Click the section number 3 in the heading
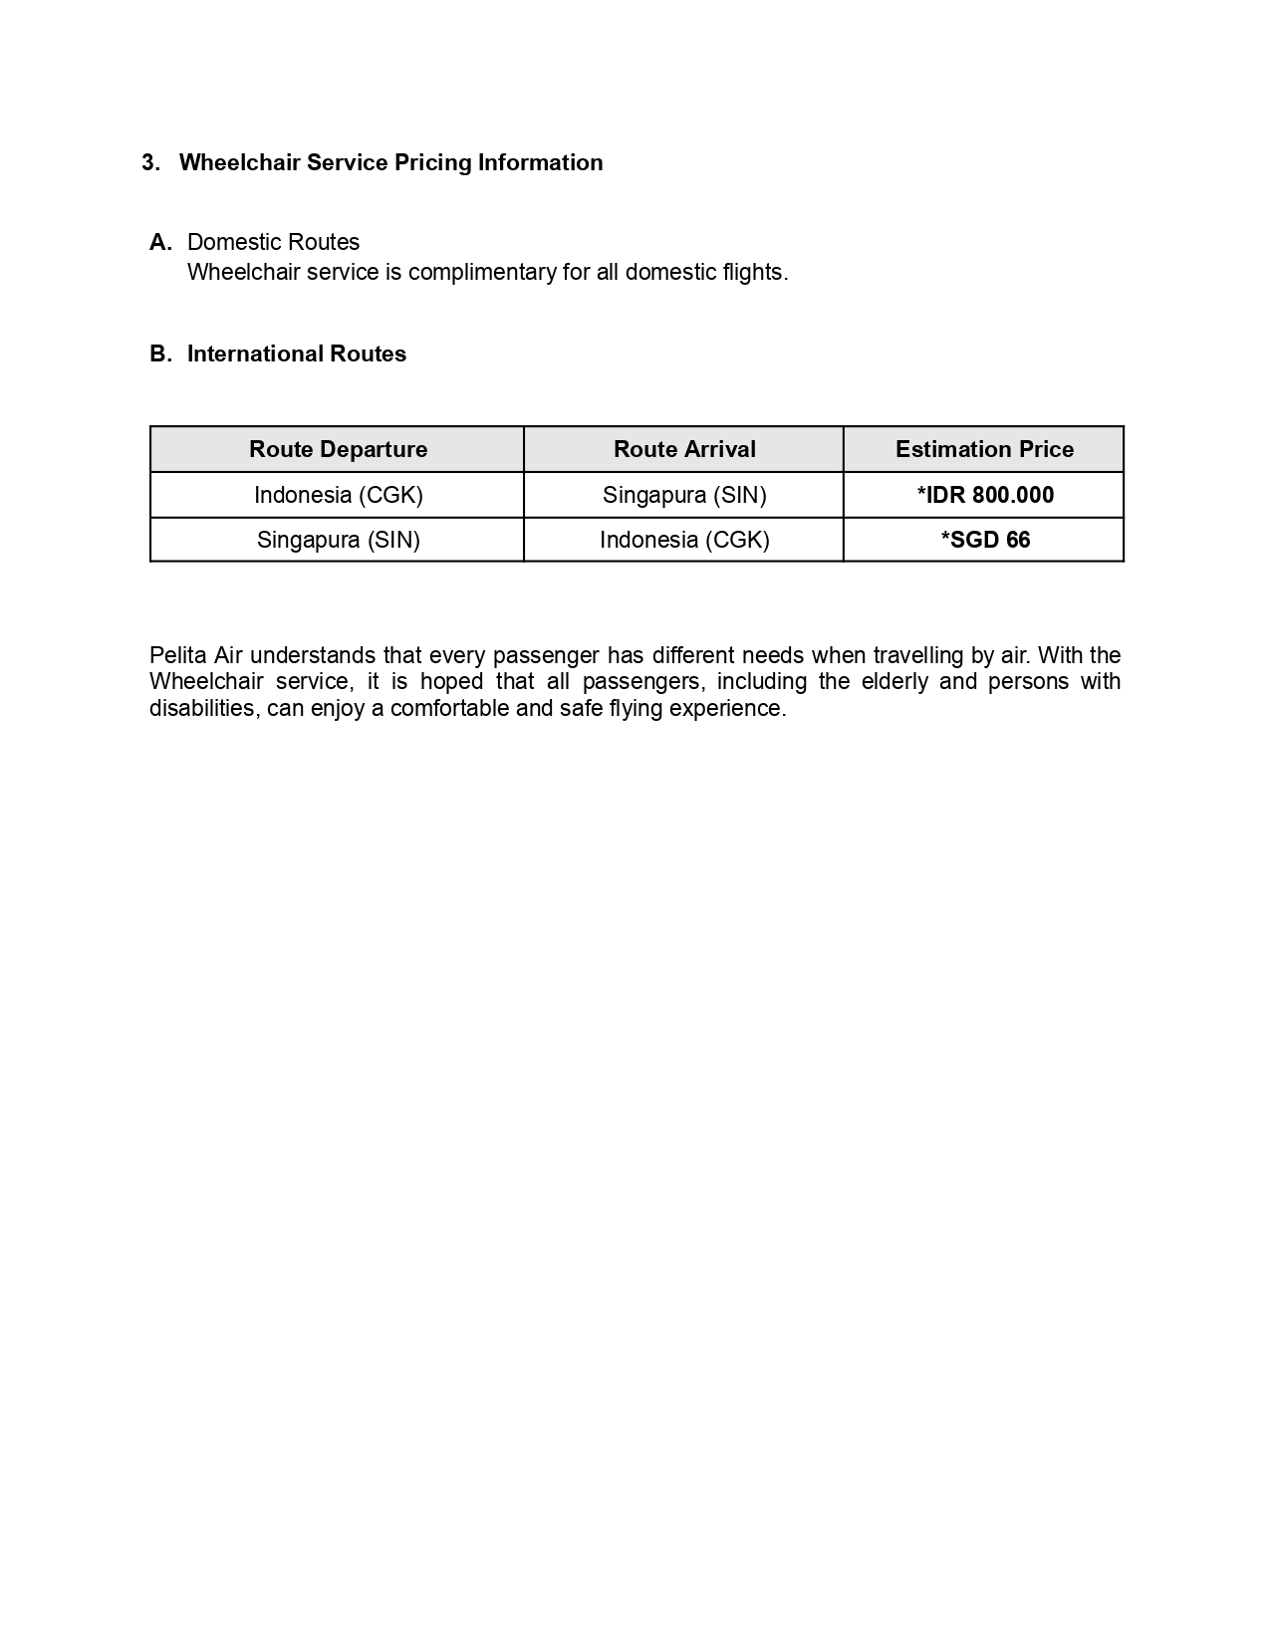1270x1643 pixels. (x=149, y=163)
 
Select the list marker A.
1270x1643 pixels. (x=160, y=243)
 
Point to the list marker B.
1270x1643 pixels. (x=160, y=354)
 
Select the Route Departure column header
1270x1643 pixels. (x=338, y=450)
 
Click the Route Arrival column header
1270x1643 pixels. (x=684, y=450)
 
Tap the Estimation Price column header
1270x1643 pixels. (x=984, y=450)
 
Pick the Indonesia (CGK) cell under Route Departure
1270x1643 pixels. (x=338, y=496)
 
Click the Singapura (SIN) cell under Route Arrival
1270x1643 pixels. (x=684, y=496)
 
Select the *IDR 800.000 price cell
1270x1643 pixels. (x=984, y=496)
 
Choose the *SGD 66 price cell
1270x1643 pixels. (x=984, y=541)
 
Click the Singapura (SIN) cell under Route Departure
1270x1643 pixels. (x=338, y=541)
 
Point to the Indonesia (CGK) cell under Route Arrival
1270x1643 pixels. (x=684, y=541)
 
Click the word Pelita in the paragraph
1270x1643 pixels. (x=177, y=656)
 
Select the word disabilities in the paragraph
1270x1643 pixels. (x=205, y=709)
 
